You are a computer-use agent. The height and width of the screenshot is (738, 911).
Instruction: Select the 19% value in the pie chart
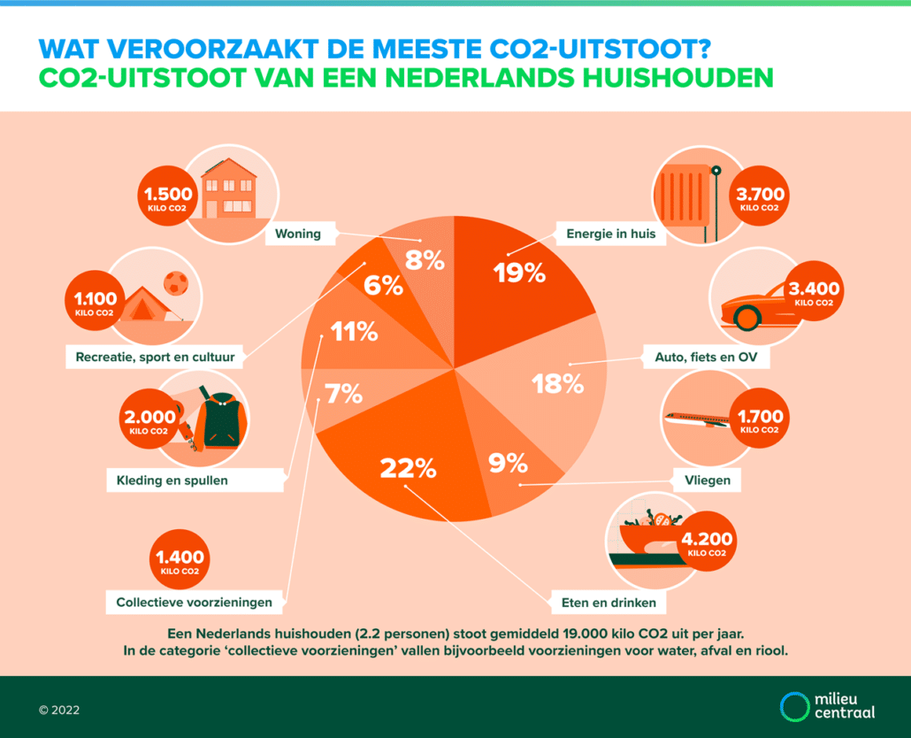(x=518, y=273)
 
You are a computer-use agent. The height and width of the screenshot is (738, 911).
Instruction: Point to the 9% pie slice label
(x=508, y=462)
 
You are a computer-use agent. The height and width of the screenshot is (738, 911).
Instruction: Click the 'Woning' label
(x=297, y=234)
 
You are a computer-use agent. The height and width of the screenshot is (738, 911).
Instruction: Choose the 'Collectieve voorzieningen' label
(x=201, y=603)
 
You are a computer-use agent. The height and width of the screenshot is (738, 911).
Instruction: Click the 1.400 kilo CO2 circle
(x=180, y=561)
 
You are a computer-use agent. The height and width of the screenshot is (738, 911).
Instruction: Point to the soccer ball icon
(x=177, y=283)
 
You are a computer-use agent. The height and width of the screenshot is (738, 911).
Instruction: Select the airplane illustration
(x=699, y=418)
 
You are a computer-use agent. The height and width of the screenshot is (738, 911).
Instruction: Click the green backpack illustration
(x=218, y=423)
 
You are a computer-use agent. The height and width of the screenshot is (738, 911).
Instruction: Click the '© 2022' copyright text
(x=59, y=709)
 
